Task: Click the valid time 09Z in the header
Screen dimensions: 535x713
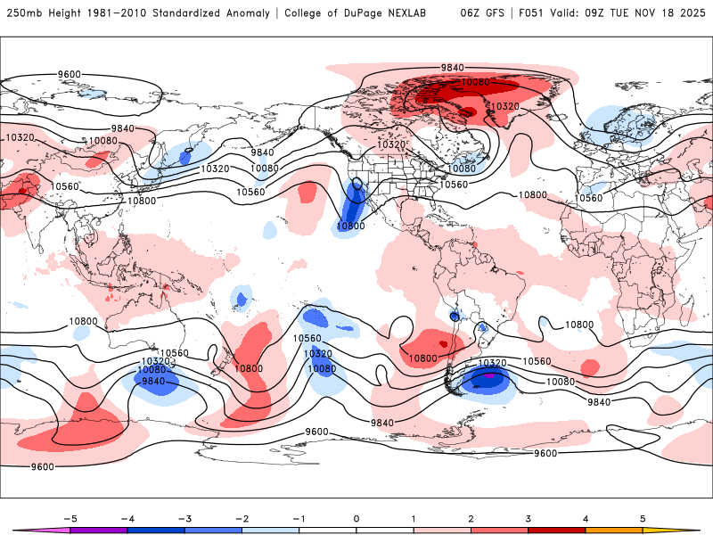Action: pos(613,13)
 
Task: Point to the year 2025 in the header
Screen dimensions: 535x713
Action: pos(693,13)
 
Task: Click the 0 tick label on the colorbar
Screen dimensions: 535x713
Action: pos(356,518)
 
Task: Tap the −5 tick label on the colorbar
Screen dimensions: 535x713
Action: pos(67,518)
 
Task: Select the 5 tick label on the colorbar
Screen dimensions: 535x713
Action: pos(643,518)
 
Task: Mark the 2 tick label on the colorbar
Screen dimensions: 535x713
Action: pos(471,518)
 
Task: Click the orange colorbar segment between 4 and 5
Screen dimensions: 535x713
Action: pos(614,530)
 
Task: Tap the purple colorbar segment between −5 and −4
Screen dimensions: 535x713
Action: pos(99,530)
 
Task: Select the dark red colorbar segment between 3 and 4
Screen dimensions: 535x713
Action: pos(557,530)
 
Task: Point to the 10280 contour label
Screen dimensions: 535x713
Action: pos(477,83)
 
